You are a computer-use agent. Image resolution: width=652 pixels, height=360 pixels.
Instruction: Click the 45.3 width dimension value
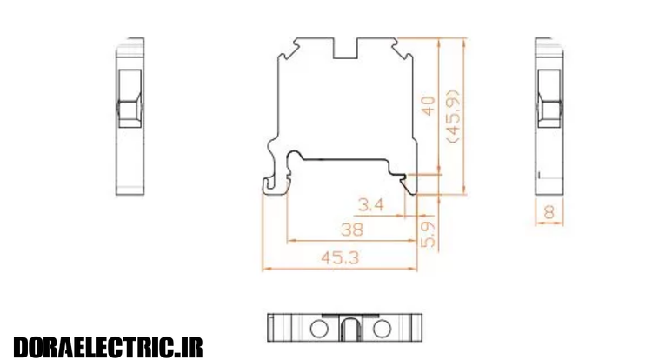tap(340, 258)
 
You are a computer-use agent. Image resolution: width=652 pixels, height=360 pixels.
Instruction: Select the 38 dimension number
tap(352, 230)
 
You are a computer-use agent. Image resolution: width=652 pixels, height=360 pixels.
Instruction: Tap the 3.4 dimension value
tap(371, 204)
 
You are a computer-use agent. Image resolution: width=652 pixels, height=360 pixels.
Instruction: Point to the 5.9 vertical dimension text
tap(429, 234)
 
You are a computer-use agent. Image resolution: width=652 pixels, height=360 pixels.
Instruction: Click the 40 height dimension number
tap(428, 105)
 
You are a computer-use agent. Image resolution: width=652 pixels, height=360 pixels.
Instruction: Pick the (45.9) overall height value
tap(453, 117)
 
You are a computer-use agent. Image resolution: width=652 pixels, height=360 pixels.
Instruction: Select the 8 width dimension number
tap(549, 212)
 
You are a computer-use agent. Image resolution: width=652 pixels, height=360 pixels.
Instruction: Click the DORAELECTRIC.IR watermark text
tap(108, 347)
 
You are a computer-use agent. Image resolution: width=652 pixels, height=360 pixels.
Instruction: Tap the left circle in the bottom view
tap(319, 329)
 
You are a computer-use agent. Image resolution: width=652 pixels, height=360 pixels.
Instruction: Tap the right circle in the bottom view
tap(382, 329)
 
